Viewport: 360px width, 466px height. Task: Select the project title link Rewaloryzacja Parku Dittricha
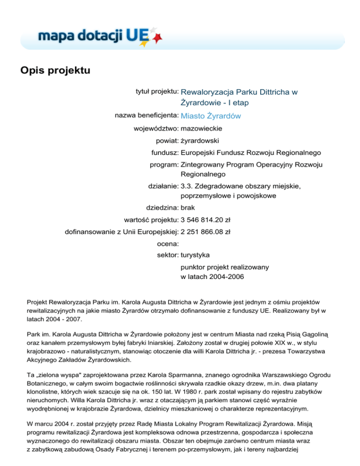coord(239,97)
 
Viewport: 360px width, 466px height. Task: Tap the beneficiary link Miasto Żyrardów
coord(210,116)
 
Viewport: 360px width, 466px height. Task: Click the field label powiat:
coord(167,140)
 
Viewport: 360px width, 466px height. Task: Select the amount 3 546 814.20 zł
coord(205,219)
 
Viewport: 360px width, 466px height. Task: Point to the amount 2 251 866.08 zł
coord(205,232)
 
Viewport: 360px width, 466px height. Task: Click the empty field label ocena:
coord(167,244)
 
